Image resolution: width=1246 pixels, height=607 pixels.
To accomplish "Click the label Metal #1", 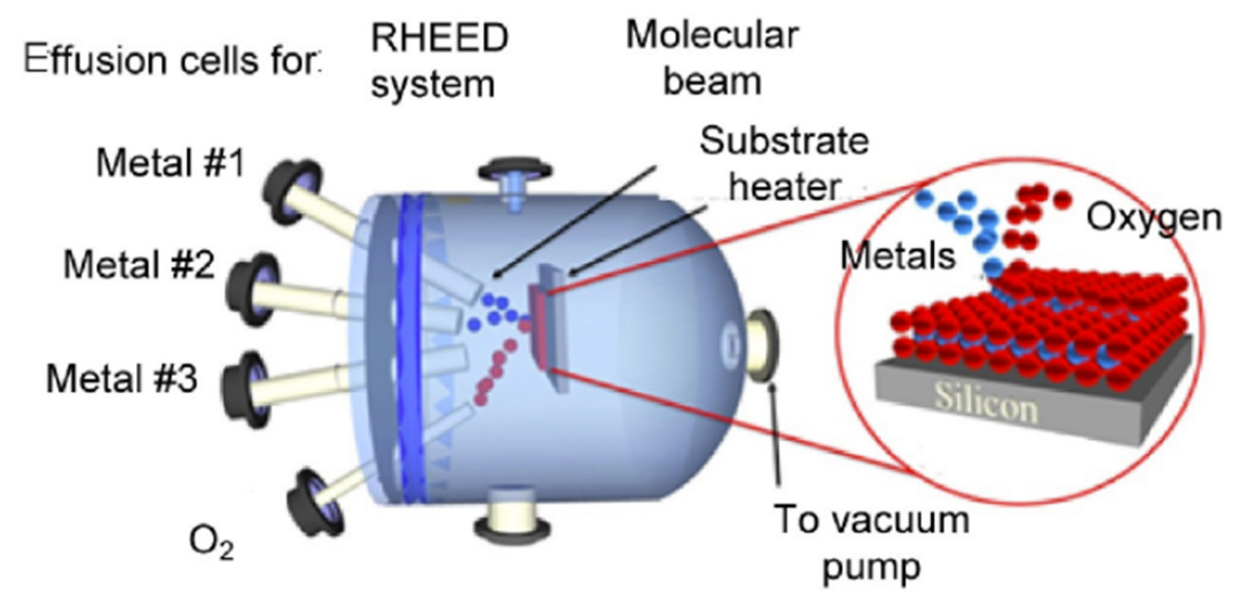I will (x=170, y=163).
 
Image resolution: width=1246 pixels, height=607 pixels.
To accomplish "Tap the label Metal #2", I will (x=139, y=265).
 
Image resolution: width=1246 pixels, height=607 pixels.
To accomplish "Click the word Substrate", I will (x=784, y=141).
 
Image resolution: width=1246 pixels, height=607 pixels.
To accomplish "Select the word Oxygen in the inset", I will (x=1154, y=218).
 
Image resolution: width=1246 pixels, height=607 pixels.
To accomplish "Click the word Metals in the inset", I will (x=898, y=256).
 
